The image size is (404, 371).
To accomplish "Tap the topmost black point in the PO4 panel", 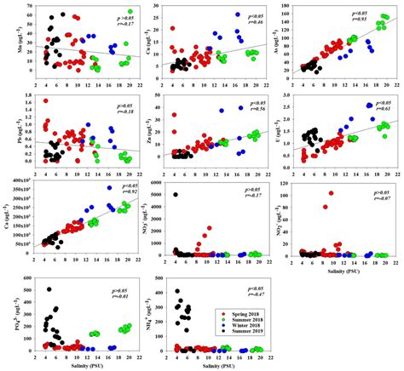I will [49, 289].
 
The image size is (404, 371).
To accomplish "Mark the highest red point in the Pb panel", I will [46, 101].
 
